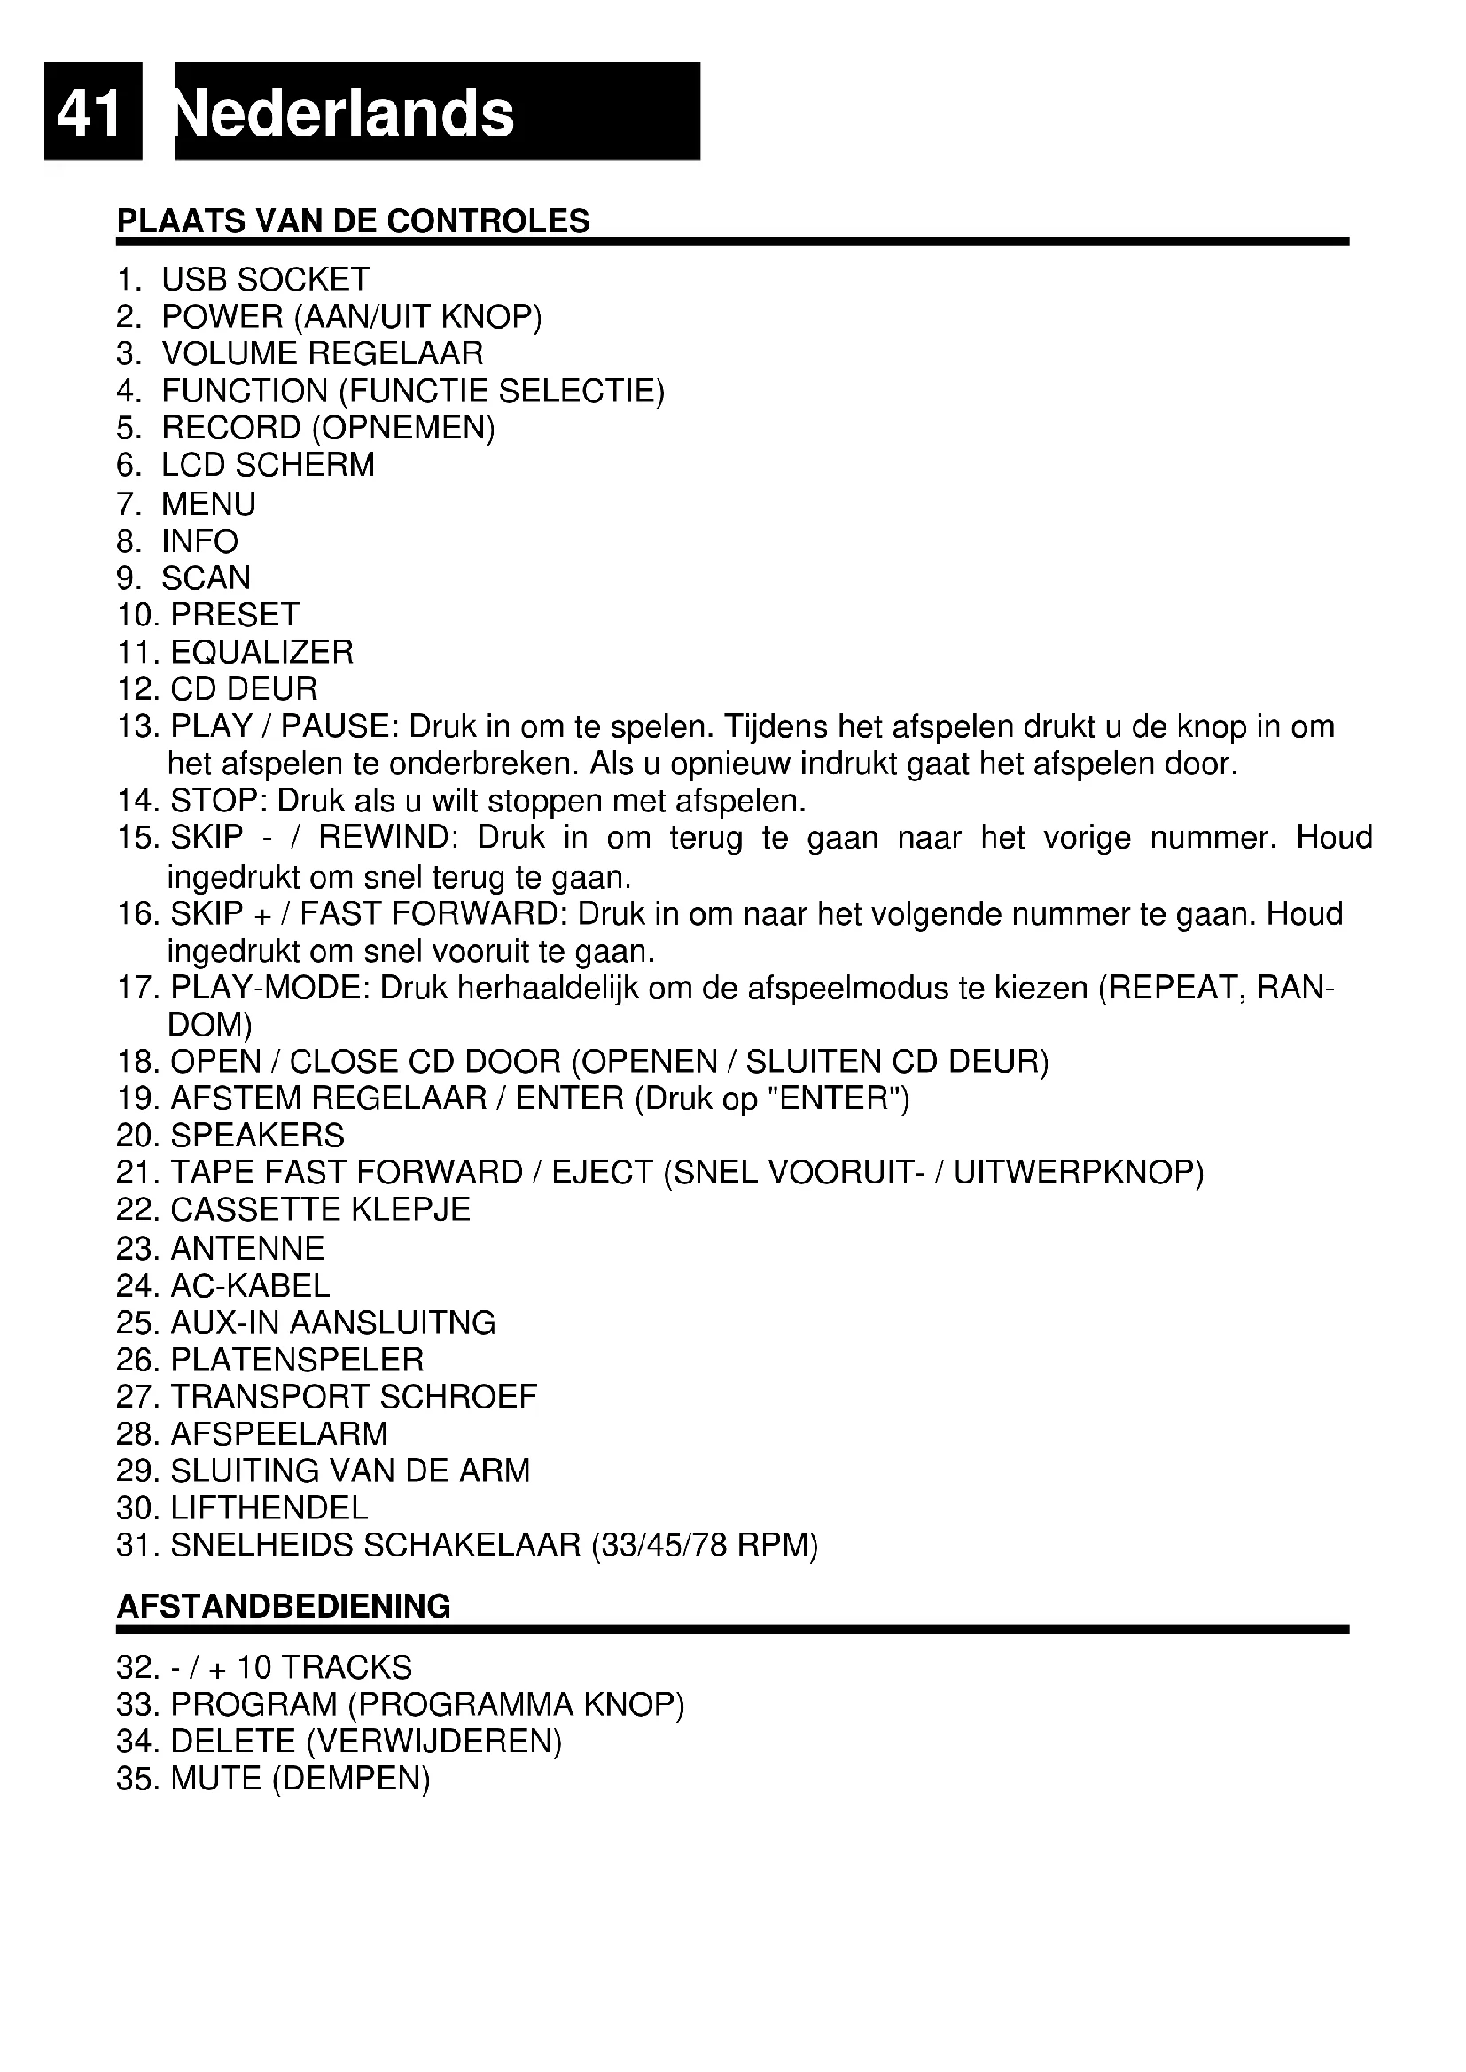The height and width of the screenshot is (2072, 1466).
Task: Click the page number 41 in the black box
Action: click(90, 113)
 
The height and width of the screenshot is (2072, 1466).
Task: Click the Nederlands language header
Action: click(346, 113)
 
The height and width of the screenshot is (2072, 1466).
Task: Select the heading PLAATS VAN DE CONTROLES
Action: click(353, 221)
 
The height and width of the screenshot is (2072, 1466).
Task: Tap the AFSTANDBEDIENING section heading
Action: click(284, 1606)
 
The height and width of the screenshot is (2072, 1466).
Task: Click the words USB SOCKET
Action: click(265, 280)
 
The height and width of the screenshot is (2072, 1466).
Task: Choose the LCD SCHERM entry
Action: click(267, 466)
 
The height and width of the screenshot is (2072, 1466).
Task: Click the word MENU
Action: click(208, 503)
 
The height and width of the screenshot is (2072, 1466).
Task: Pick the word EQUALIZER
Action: click(261, 653)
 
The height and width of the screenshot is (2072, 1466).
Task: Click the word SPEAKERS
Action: click(257, 1136)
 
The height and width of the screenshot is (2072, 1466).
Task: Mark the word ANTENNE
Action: click(247, 1249)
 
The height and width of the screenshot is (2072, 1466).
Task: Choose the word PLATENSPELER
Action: click(297, 1360)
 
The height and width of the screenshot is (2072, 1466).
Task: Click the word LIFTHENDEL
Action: click(269, 1508)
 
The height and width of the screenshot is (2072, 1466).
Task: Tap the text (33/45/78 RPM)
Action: click(704, 1546)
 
